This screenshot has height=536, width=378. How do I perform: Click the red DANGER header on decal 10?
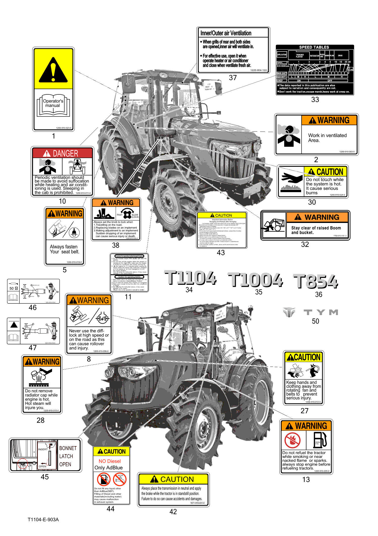coord(62,153)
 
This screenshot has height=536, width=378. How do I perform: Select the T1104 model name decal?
coord(190,278)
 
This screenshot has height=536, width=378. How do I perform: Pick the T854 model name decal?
coord(316,282)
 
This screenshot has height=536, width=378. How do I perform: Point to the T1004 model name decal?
coord(255,280)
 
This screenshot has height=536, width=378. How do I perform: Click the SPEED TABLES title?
coord(314,47)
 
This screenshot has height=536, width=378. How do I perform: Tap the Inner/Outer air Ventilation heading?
coord(226,33)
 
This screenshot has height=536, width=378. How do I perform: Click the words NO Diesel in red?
coord(110,461)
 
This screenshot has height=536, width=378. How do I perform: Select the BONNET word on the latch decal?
coord(68,448)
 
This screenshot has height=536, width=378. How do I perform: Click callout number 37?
coord(233,78)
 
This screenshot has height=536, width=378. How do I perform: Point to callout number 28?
coord(41,420)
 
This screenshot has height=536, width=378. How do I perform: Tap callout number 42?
coord(173,512)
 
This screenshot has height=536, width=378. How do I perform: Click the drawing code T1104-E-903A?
coord(43,520)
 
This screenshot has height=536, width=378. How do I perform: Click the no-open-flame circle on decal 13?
coord(292,440)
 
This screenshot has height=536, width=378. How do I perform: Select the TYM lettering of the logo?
coord(321,313)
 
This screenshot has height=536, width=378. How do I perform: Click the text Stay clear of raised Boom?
coord(316,228)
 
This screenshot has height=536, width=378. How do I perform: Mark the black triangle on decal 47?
coord(14,324)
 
